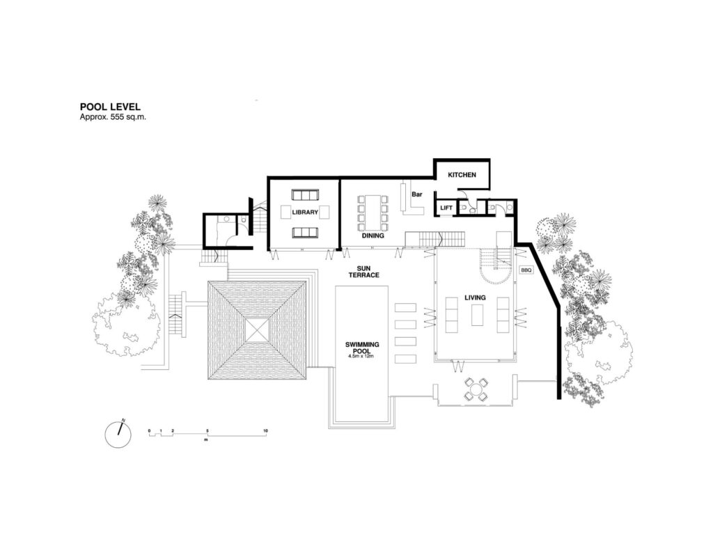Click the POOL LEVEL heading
pyautogui.click(x=110, y=107)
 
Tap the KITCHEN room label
pyautogui.click(x=462, y=175)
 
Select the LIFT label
pyautogui.click(x=446, y=208)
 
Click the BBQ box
pyautogui.click(x=526, y=270)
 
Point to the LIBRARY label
pyautogui.click(x=305, y=212)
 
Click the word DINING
pyautogui.click(x=373, y=235)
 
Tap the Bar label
pyautogui.click(x=417, y=194)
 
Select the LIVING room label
pyautogui.click(x=475, y=297)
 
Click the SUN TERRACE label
pyautogui.click(x=363, y=272)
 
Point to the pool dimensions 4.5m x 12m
pyautogui.click(x=361, y=356)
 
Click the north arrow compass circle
pyautogui.click(x=118, y=435)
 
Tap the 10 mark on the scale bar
pyautogui.click(x=265, y=431)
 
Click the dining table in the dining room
pyautogui.click(x=373, y=213)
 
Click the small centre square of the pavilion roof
pyautogui.click(x=258, y=330)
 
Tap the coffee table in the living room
pyautogui.click(x=477, y=315)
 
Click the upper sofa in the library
pyautogui.click(x=305, y=195)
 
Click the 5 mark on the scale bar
pyautogui.click(x=207, y=431)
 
